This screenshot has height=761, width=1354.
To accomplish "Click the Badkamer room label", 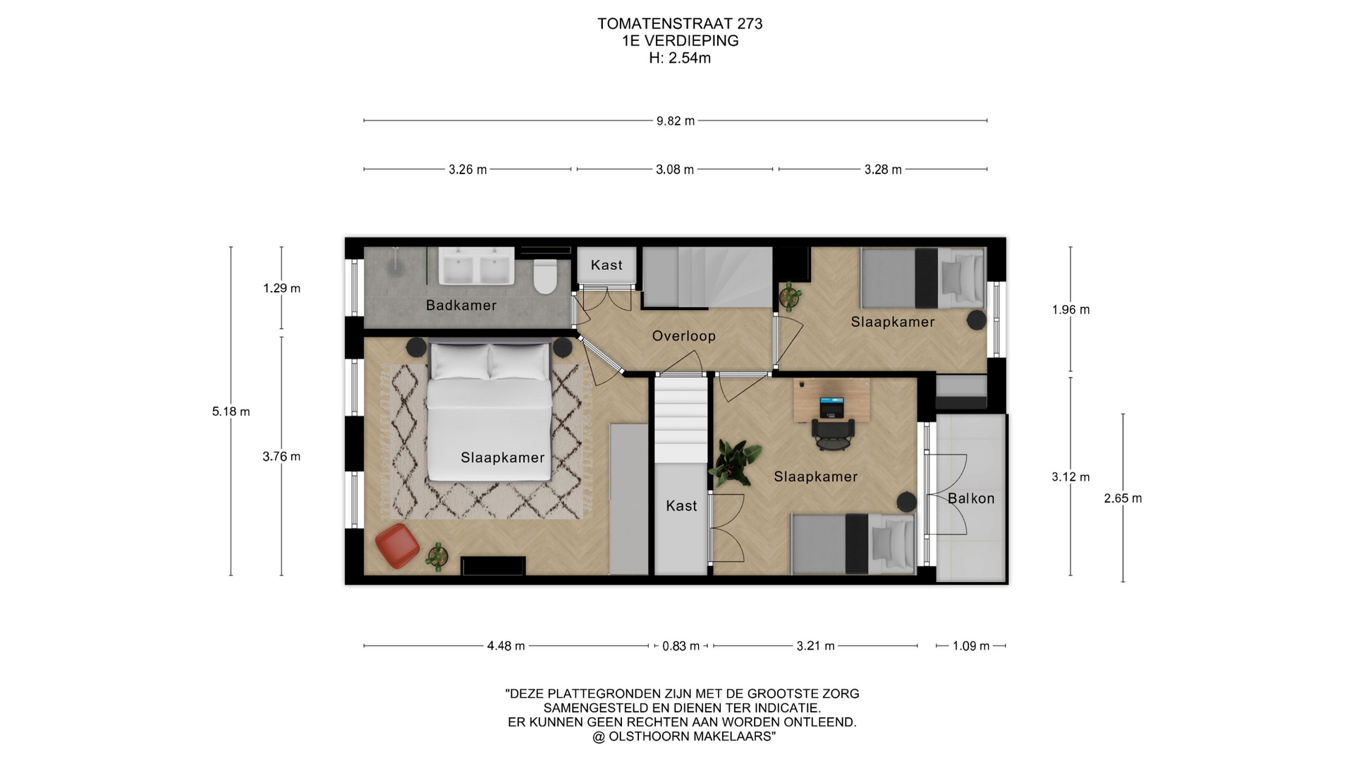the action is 461,305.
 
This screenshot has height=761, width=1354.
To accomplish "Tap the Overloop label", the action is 683,336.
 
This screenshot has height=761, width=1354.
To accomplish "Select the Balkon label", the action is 971,498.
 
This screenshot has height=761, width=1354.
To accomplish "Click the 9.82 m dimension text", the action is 676,121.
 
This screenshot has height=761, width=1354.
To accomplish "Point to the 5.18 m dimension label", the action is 231,412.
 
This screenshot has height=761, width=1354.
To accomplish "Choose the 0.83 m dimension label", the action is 681,646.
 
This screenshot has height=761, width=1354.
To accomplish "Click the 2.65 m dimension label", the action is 1123,498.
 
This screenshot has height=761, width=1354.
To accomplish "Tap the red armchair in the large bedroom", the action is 397,545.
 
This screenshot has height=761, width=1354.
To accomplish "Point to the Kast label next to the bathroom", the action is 606,265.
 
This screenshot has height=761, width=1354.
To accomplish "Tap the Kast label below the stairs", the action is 681,505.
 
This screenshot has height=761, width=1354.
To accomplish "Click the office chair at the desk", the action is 833,433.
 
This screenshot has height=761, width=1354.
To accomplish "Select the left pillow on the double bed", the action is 460,361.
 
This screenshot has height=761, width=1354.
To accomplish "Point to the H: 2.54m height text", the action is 680,58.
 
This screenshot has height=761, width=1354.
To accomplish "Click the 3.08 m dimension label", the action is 675,170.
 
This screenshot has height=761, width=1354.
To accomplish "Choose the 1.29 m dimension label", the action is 281,288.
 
